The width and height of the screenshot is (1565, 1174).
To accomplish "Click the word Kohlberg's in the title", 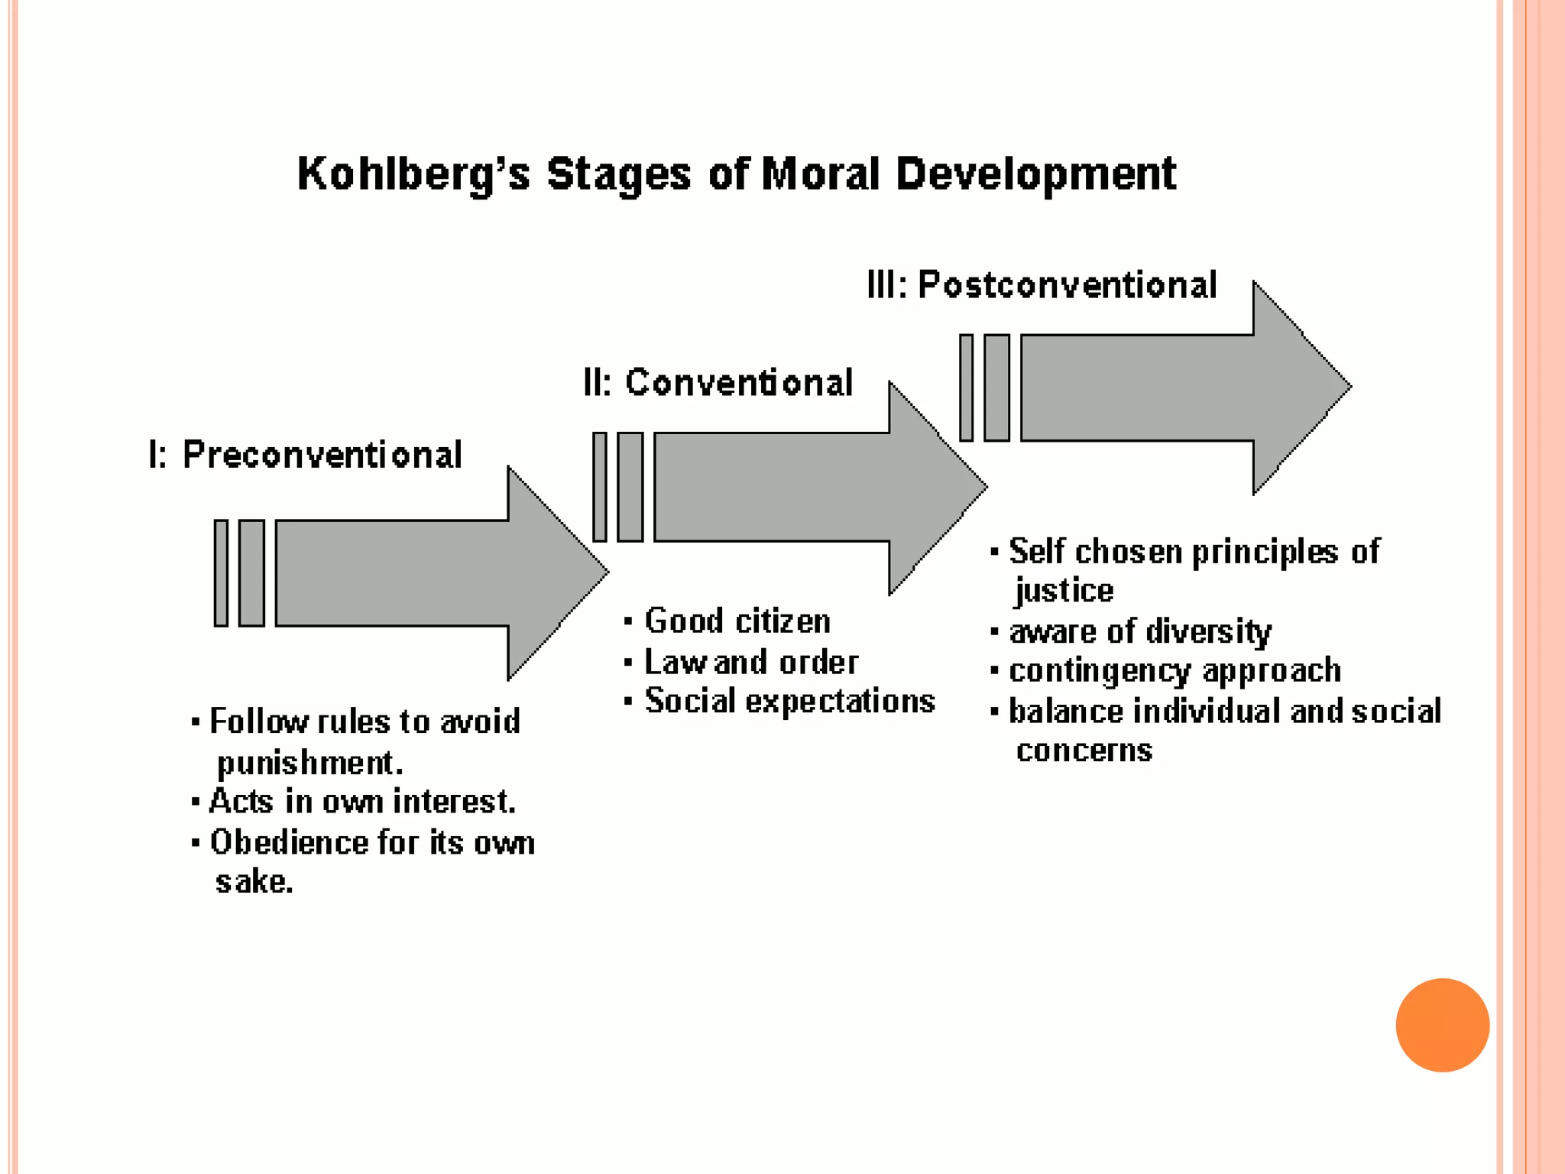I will (x=413, y=174).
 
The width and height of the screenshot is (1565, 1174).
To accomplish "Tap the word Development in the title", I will (x=1035, y=174).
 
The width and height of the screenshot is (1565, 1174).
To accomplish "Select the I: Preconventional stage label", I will (x=306, y=455).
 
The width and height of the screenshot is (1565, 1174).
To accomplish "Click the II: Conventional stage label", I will (x=718, y=382).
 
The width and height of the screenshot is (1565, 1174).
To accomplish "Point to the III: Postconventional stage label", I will (x=1042, y=285).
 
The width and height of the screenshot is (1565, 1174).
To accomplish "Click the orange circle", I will (x=1442, y=1025).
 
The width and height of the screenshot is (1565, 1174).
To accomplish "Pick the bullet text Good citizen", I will (x=737, y=621).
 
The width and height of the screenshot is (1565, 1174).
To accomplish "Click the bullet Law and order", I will (x=751, y=662).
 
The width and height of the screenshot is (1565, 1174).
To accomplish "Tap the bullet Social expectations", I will (x=789, y=701).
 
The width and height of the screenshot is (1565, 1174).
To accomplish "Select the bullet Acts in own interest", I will (x=362, y=801).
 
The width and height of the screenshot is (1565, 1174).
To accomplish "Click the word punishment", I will (x=309, y=762).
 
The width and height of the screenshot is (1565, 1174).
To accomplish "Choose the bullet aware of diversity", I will (x=1139, y=631).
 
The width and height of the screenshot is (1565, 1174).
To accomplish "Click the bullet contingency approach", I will (x=1175, y=670).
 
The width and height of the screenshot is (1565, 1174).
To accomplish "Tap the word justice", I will (x=1064, y=590).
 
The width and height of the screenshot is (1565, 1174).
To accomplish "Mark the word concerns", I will (x=1084, y=751).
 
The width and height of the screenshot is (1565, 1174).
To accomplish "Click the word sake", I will (x=254, y=881).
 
